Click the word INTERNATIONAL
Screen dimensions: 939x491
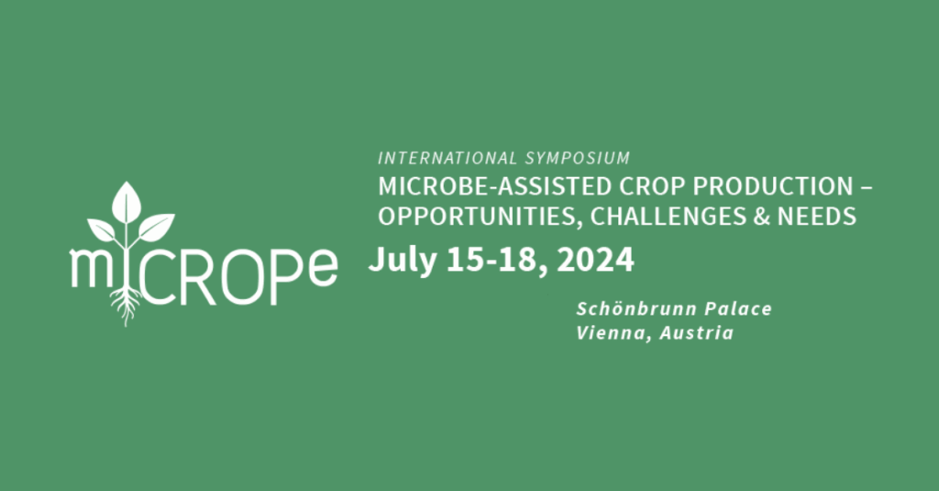coord(447,158)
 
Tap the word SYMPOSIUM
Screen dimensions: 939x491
coord(578,158)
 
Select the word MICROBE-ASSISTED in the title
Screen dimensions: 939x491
coord(494,187)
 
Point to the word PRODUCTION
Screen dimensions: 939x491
coord(773,187)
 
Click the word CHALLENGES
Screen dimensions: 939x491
coord(668,217)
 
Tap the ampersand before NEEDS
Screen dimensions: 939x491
coord(762,217)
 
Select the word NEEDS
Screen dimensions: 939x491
coord(817,217)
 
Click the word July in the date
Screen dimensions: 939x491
coord(403,261)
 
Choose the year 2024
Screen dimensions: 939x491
coord(595,261)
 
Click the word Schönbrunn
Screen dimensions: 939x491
coord(636,308)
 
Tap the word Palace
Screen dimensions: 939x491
coord(738,308)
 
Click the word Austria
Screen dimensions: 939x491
coord(697,333)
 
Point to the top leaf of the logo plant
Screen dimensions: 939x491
coord(127,201)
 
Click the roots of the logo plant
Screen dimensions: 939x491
coord(126,307)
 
